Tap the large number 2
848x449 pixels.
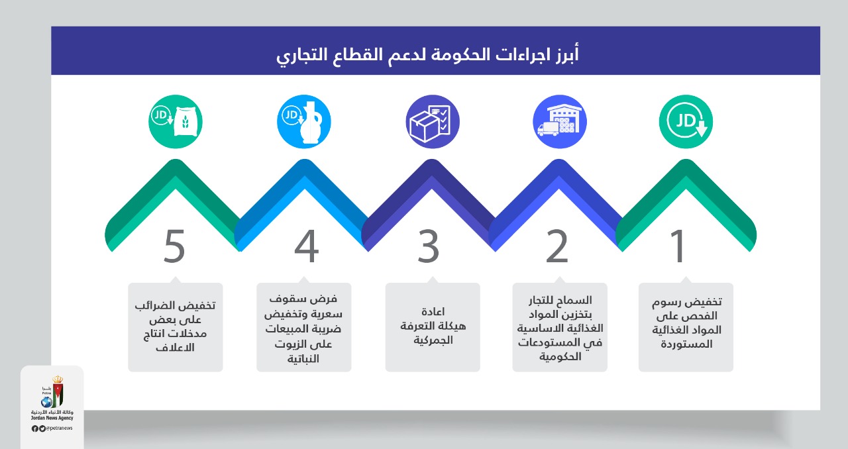pyautogui.click(x=557, y=246)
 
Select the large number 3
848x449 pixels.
pyautogui.click(x=429, y=246)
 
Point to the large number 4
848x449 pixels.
pyautogui.click(x=306, y=246)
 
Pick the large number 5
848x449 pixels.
pyautogui.click(x=174, y=246)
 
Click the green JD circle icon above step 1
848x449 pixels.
pyautogui.click(x=686, y=122)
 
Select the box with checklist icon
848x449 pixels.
pyautogui.click(x=432, y=122)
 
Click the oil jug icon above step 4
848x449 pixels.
pyautogui.click(x=304, y=122)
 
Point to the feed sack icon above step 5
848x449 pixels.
pyautogui.click(x=176, y=122)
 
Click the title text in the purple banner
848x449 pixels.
pyautogui.click(x=427, y=54)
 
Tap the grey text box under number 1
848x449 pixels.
pyautogui.click(x=686, y=327)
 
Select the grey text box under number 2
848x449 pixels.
pyautogui.click(x=560, y=327)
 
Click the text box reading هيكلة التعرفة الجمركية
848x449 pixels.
pyautogui.click(x=433, y=327)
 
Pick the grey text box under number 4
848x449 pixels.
pyautogui.click(x=304, y=327)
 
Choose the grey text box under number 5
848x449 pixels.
pyautogui.click(x=176, y=327)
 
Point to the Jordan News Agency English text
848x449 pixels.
pyautogui.click(x=52, y=419)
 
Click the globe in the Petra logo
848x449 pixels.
pyautogui.click(x=46, y=402)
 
